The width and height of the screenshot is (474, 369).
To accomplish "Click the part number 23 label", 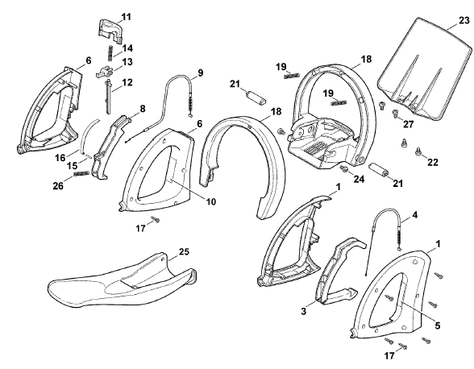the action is pos(464,21).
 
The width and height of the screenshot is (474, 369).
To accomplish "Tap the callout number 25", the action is pos(184,251).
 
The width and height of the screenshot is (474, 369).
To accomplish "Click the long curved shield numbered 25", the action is pos(121,281).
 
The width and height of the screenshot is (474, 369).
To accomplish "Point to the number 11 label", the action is pos(127,17).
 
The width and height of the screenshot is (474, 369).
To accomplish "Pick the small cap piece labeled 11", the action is pos(110,31).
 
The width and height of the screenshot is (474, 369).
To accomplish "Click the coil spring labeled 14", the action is pos(111,53).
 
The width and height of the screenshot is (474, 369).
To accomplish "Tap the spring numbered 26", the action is pos(81,174).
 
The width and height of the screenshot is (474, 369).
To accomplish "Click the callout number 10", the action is pos(210,201).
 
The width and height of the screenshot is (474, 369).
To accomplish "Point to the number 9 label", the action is pos(201,73).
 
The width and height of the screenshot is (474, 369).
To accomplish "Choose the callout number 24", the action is pos(359,179).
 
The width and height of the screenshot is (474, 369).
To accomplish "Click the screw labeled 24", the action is pos(343,168).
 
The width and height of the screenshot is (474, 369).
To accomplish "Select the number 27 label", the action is pos(408,124).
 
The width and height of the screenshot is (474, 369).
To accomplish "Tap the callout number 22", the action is pos(433,162).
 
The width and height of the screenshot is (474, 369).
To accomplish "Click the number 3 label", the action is pos(304,311).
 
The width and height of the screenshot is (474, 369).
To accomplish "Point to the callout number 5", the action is pos(438,325).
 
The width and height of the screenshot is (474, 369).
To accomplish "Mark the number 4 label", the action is pos(414,215).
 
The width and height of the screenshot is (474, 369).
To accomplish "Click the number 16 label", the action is pos(60,157).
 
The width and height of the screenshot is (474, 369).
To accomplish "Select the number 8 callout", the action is pos(143,109).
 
